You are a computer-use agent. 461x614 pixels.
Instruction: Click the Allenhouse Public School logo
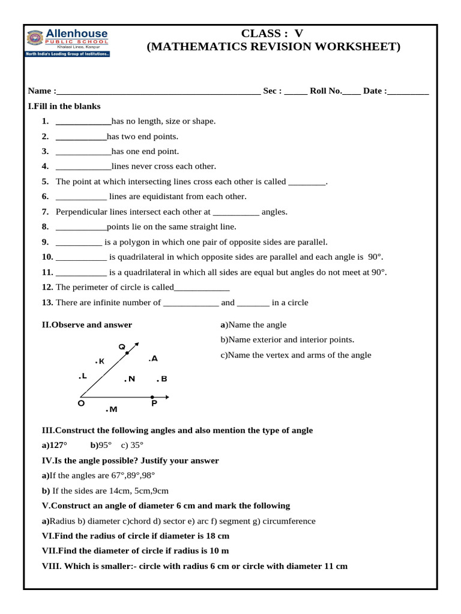67,43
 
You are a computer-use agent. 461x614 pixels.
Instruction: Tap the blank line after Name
158,92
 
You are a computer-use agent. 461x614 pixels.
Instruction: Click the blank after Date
409,92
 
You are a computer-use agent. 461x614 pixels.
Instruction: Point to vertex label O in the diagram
80,404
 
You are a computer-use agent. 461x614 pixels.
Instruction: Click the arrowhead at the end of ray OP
167,397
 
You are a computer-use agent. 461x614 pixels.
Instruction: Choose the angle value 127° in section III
58,446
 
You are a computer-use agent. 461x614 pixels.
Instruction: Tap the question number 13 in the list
47,303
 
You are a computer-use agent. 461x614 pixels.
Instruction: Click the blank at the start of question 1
79,122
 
